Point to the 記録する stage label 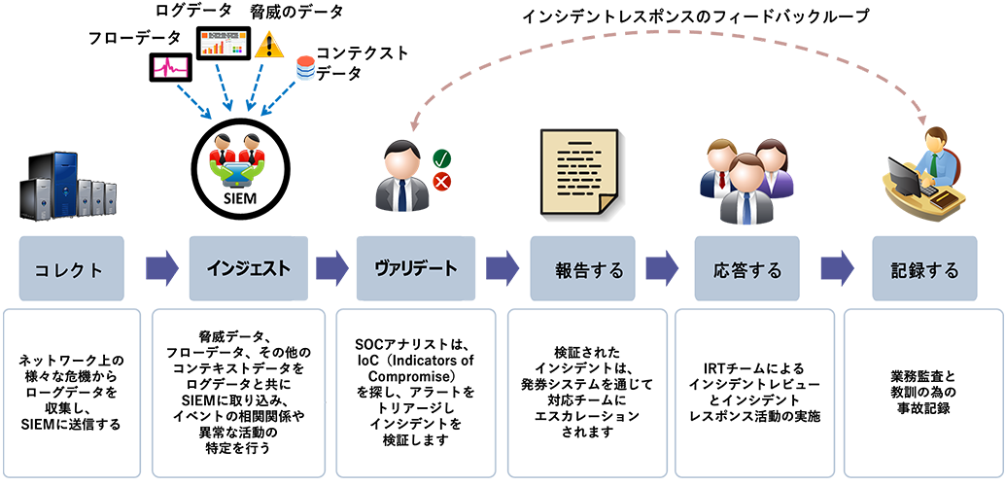[924, 269]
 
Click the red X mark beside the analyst [441, 182]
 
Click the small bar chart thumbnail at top [223, 42]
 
